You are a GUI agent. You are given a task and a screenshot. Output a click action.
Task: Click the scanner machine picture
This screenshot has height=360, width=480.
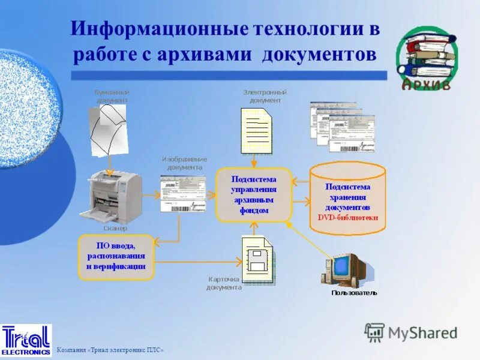pos(115,196)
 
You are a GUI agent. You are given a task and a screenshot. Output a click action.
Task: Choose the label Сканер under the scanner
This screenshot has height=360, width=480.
pos(115,229)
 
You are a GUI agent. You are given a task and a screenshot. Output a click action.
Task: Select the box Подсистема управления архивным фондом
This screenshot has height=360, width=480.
pos(254,194)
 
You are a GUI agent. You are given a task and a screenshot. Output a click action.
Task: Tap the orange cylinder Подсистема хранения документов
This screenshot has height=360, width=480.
pos(347,197)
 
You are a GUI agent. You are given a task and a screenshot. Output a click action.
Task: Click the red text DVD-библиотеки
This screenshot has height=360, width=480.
pos(347,217)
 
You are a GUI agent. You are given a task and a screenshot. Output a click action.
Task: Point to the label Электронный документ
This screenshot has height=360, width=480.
pos(265,96)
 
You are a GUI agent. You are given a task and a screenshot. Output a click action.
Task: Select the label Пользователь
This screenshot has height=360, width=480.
pos(354,293)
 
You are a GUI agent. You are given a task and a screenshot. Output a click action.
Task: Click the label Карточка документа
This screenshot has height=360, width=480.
pos(224,283)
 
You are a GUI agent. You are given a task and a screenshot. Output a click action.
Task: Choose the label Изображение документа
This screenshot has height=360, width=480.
pos(184,163)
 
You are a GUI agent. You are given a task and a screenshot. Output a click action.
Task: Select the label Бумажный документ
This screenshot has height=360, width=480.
pos(112,96)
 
